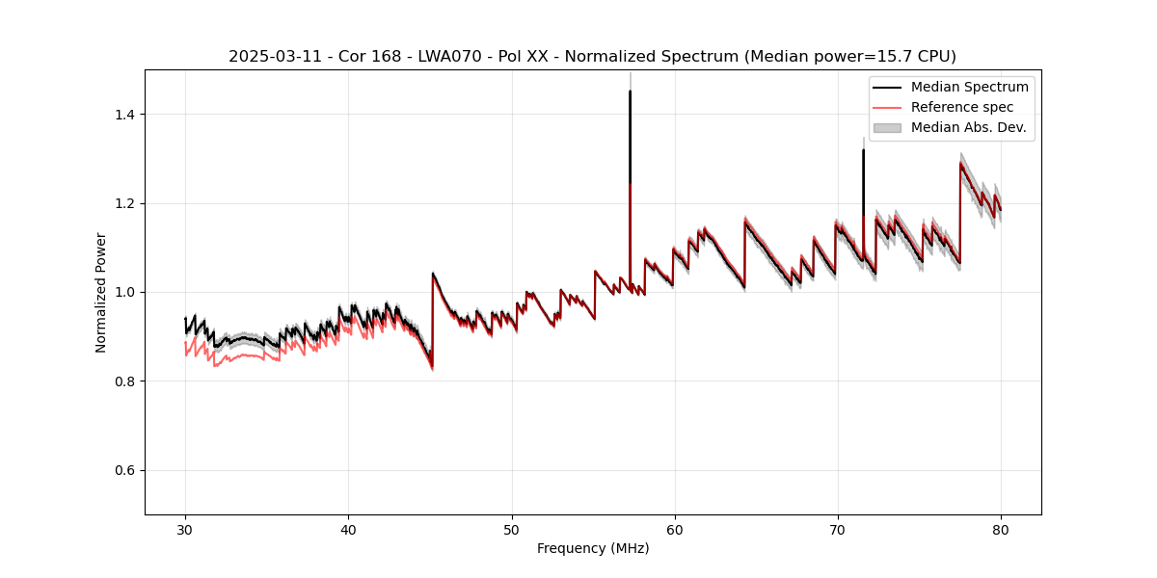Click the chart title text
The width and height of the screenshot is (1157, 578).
[x=592, y=57]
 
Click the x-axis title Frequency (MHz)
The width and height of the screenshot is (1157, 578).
[x=593, y=548]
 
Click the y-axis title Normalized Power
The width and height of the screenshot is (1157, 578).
[x=101, y=292]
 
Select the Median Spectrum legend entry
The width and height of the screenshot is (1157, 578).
[x=969, y=87]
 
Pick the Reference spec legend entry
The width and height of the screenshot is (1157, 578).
[x=962, y=107]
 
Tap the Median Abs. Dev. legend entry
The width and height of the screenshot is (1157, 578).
[x=968, y=127]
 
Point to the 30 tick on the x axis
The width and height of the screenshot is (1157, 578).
[x=186, y=529]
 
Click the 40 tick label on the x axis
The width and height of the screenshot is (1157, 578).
[x=349, y=529]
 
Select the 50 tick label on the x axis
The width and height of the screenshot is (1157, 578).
[x=512, y=529]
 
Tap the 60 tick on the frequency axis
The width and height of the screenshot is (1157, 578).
[x=675, y=529]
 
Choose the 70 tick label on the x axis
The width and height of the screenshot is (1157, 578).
[x=838, y=529]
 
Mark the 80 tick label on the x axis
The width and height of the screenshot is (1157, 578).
[x=1001, y=529]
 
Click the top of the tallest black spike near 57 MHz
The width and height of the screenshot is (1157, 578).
[x=630, y=92]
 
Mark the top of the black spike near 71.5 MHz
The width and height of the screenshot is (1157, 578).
[x=863, y=150]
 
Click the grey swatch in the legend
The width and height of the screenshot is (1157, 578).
[x=887, y=127]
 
